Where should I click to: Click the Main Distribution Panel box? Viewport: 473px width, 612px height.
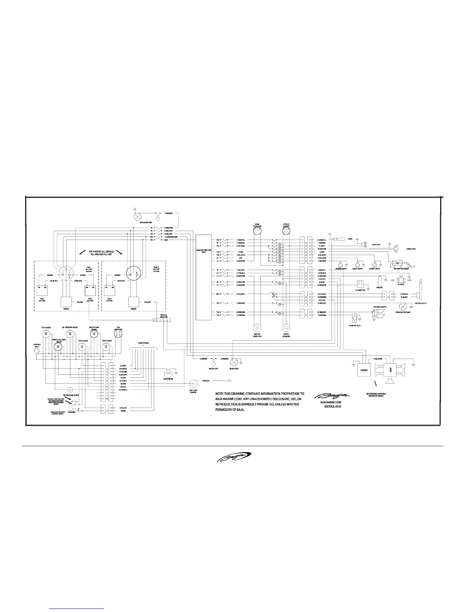point(204,277)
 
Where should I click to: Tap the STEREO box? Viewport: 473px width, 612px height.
point(365,370)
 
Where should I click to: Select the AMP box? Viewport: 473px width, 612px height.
point(389,369)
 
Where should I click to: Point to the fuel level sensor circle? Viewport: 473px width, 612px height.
point(193,384)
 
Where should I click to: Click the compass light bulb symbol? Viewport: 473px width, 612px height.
point(37,352)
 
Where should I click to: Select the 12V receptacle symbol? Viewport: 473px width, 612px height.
point(354,318)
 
